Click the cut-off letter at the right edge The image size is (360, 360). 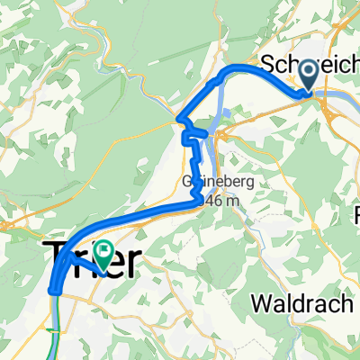(x=356, y=216)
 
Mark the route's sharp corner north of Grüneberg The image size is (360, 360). (x=180, y=120)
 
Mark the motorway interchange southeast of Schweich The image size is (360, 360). (x=326, y=106)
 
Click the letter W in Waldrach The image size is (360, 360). (x=262, y=304)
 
